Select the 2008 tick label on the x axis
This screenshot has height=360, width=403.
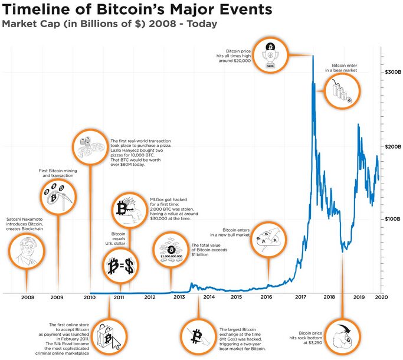pyautogui.click(x=28, y=297)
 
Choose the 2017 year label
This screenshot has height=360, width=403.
pyautogui.click(x=300, y=297)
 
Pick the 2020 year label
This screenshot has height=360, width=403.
pyautogui.click(x=381, y=297)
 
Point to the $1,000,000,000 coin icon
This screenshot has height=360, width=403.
pyautogui.click(x=171, y=250)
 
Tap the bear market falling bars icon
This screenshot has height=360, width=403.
pyautogui.click(x=345, y=93)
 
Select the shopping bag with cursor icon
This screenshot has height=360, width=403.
pyautogui.click(x=109, y=338)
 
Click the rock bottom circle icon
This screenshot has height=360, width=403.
pyautogui.click(x=343, y=338)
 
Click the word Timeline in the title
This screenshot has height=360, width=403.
pyautogui.click(x=40, y=10)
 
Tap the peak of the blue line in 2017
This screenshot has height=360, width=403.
pyautogui.click(x=313, y=57)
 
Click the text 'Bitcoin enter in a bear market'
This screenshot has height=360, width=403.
pyautogui.click(x=348, y=68)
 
